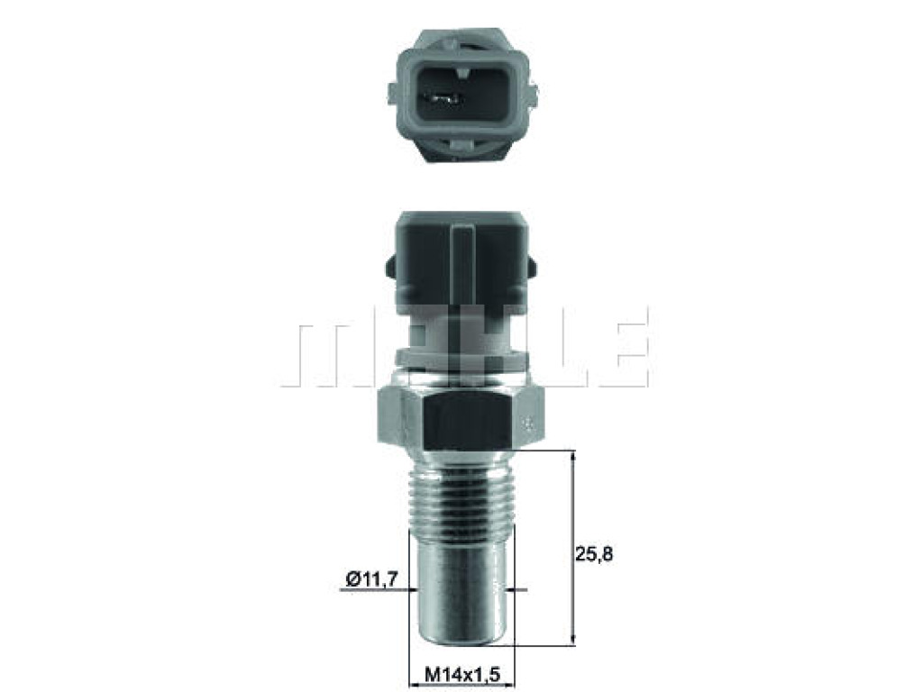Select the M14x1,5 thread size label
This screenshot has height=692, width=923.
tap(462, 674)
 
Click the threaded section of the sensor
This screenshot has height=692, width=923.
tap(461, 489)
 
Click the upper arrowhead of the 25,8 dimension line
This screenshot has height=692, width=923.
tap(573, 457)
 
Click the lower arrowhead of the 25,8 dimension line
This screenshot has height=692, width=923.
tap(573, 638)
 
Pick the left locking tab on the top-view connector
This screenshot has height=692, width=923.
tap(393, 94)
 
